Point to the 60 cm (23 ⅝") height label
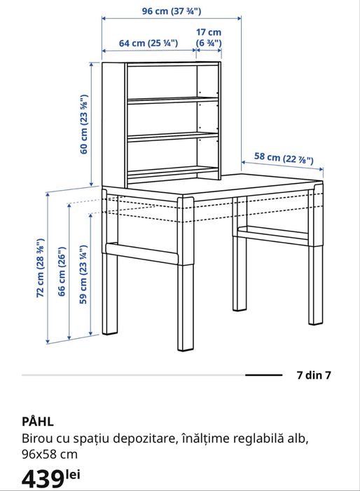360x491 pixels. pos(84,124)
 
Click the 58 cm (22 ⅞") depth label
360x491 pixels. pos(283,159)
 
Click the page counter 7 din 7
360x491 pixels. pos(314,375)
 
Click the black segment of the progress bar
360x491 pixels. pos(264,375)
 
